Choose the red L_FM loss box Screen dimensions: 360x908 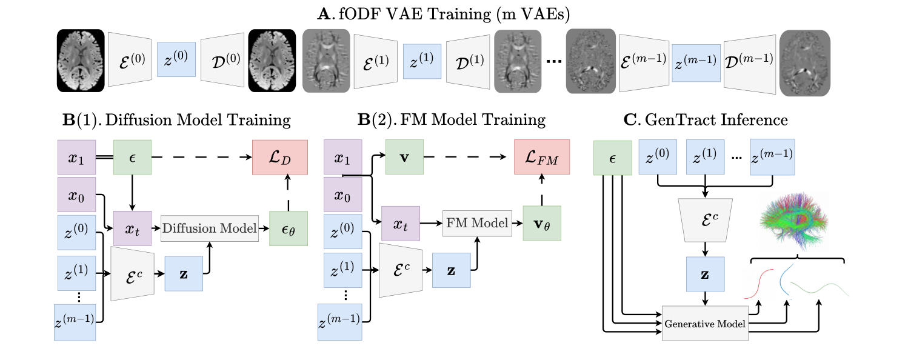coord(541,157)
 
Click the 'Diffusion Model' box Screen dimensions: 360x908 coord(209,228)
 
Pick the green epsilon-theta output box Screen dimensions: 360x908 coord(288,228)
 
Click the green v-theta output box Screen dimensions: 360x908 coord(541,224)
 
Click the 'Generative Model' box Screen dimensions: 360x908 coord(704,323)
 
